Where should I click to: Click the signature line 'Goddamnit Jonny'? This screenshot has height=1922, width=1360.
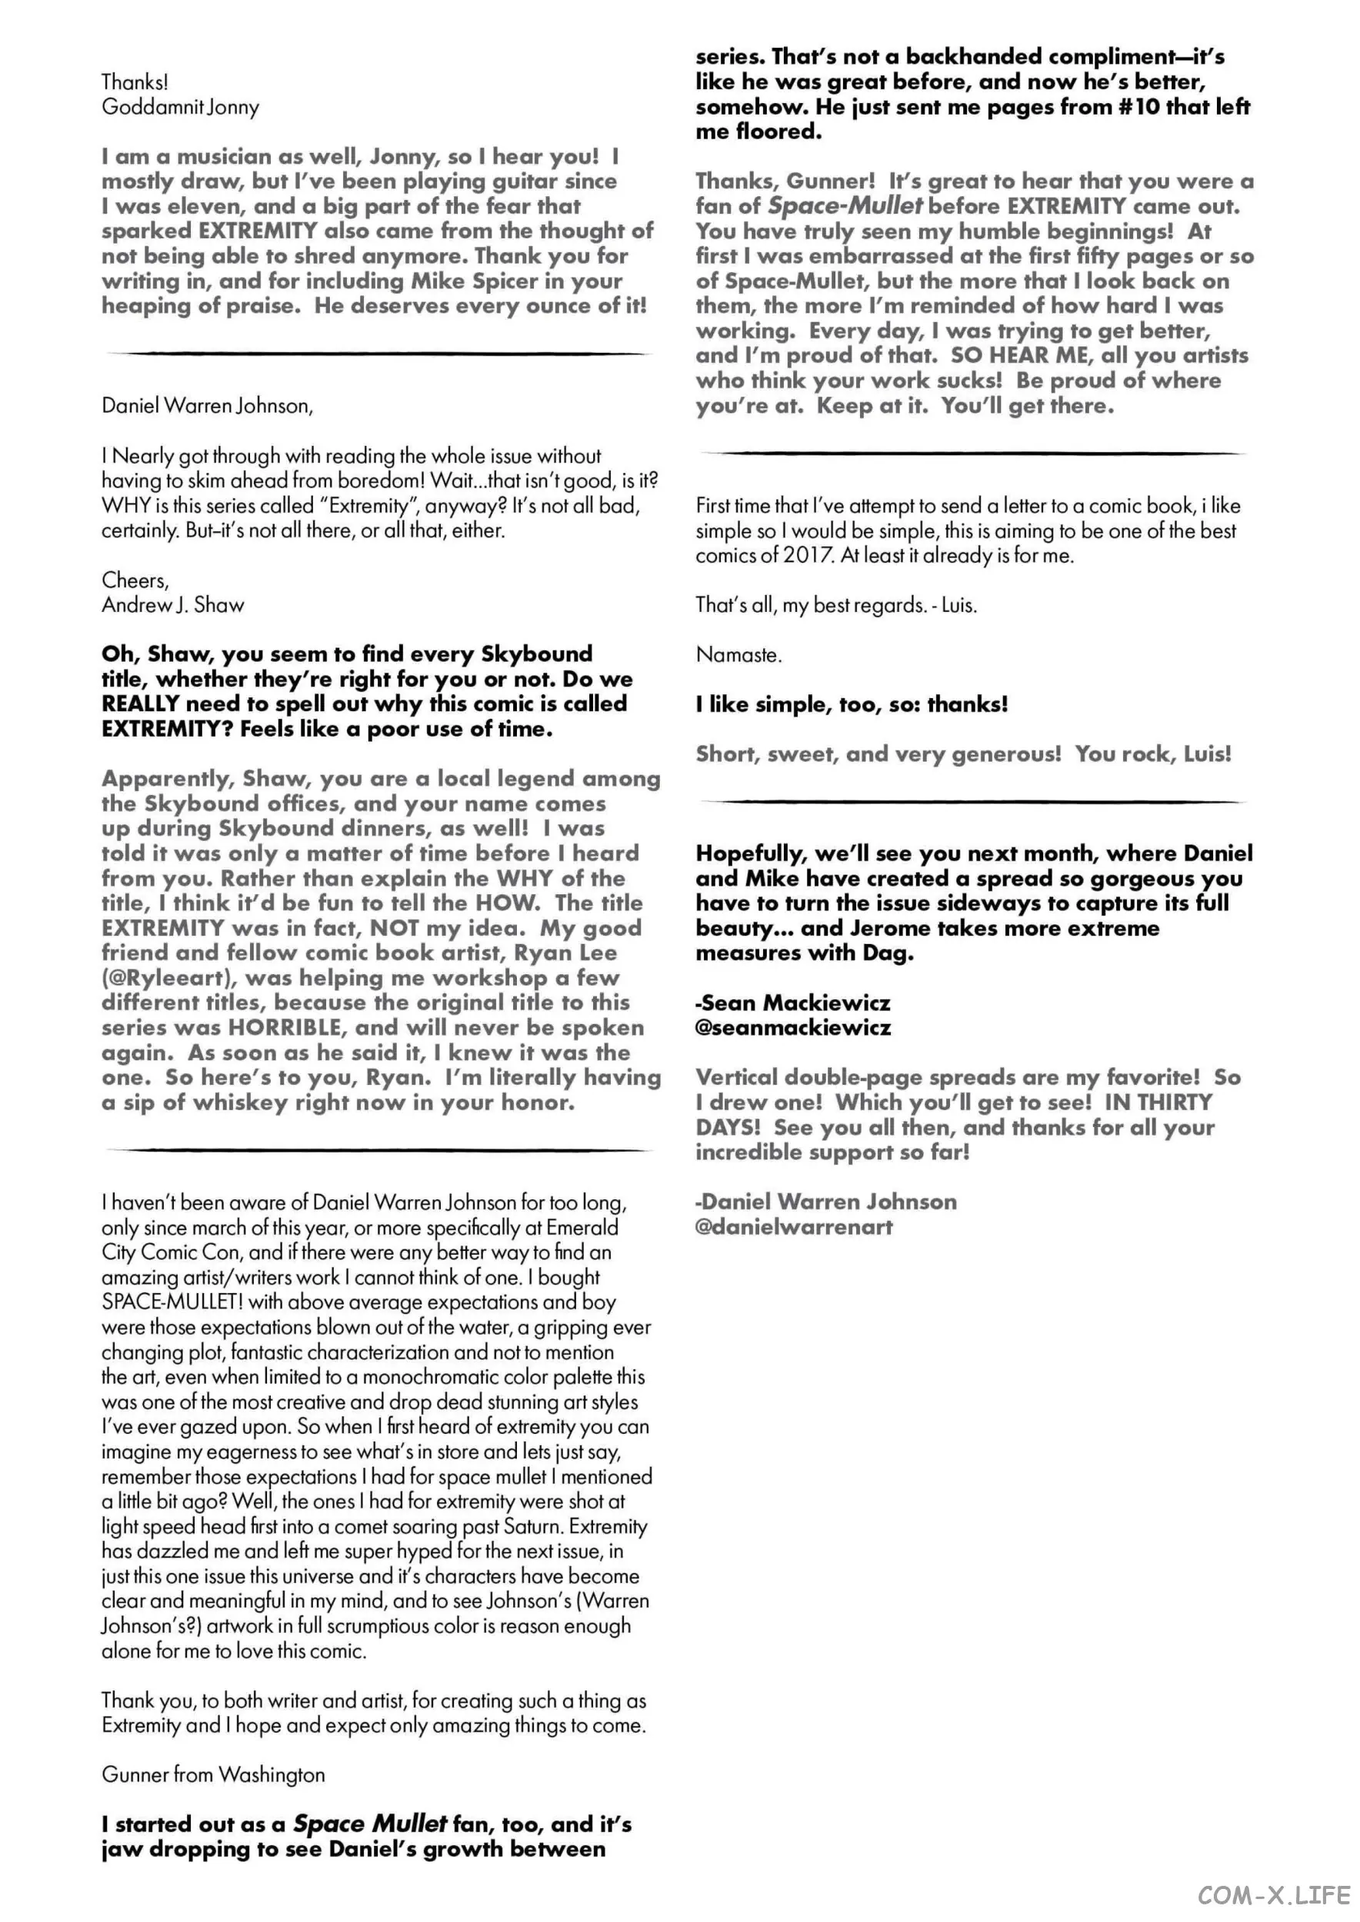[180, 107]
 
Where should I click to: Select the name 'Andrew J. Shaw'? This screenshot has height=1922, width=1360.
[172, 605]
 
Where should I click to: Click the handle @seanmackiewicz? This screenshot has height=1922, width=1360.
[792, 1027]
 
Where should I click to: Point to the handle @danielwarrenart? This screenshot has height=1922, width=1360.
[794, 1226]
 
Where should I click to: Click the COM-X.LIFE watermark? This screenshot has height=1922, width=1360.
[1274, 1894]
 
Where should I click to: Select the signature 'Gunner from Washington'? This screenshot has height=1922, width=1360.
[213, 1774]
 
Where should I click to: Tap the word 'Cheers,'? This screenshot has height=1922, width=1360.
[135, 580]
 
